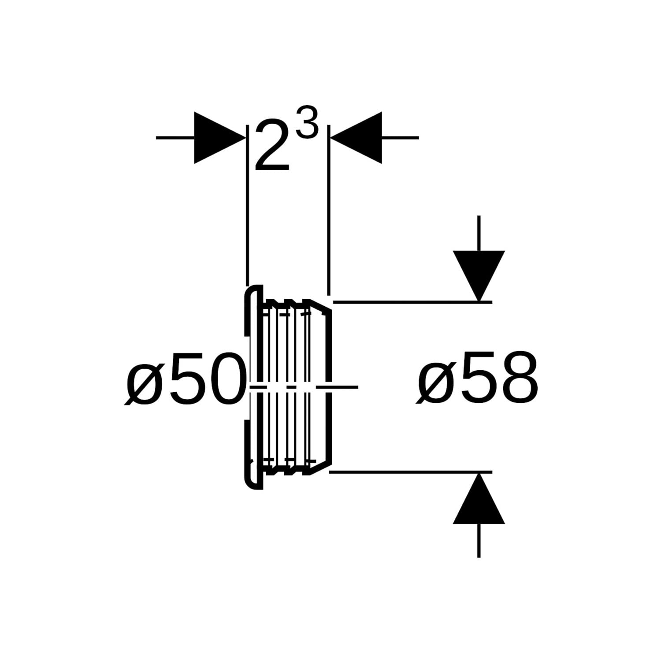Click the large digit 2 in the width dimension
(x=272, y=146)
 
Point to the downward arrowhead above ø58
(x=479, y=276)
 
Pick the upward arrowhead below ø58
(x=479, y=498)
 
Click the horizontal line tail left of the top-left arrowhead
(x=175, y=138)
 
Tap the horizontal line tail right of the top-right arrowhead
(x=400, y=138)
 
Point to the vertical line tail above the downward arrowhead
(x=479, y=234)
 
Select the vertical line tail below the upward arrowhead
(x=479, y=541)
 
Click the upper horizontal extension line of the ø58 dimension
(x=412, y=302)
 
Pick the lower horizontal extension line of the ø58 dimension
(x=411, y=472)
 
